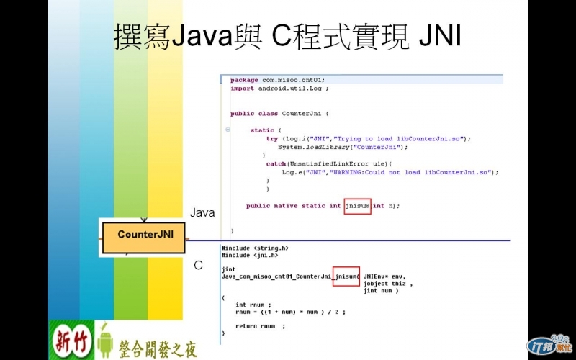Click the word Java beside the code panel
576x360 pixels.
point(202,213)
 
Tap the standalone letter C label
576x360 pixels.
point(198,265)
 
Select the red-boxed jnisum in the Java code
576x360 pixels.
point(357,206)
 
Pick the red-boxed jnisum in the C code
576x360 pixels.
point(346,276)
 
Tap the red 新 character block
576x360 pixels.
point(63,338)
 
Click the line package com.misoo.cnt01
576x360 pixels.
point(278,80)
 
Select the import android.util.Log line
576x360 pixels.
point(279,89)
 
